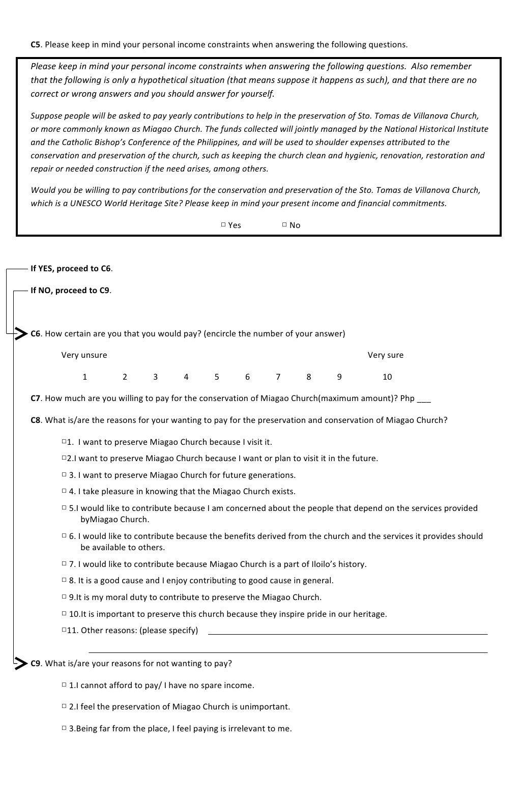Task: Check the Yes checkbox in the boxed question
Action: coord(223,224)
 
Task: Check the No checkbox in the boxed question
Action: coord(284,224)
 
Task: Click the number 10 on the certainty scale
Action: coord(387,377)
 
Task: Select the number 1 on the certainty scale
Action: coord(84,377)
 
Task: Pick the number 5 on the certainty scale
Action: coord(216,377)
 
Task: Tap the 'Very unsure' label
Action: coord(84,355)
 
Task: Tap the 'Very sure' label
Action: coord(385,355)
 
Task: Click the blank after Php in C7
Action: coord(423,400)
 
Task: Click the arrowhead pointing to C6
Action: coord(20,334)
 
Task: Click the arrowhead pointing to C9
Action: coord(20,663)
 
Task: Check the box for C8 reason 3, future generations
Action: coord(64,475)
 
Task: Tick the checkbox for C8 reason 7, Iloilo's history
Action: coord(64,563)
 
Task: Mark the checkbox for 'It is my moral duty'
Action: coord(64,596)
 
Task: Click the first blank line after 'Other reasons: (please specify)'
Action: coord(348,634)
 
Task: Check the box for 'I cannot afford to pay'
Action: coord(64,685)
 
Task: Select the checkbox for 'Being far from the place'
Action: coord(64,728)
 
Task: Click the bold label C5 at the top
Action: coord(35,44)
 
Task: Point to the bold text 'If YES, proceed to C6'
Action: coord(71,268)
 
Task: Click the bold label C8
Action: coord(35,420)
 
